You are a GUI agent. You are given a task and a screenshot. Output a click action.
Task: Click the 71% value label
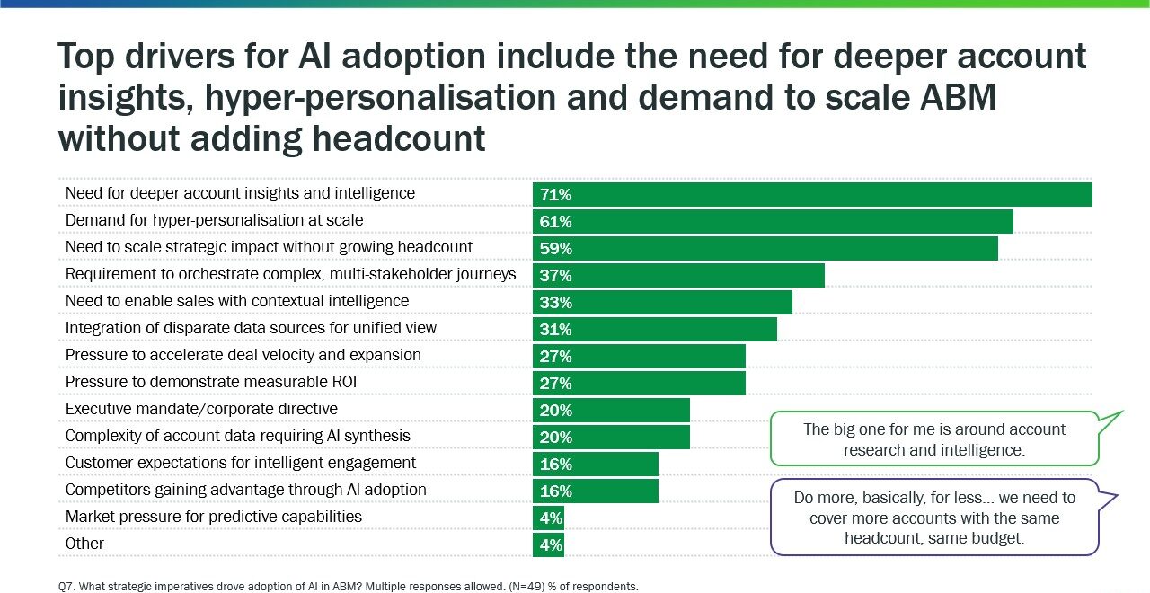(555, 195)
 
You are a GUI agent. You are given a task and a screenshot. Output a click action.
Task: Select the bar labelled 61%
(773, 221)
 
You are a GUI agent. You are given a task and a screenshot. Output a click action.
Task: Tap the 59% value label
(555, 249)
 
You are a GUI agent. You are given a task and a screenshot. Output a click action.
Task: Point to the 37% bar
(678, 275)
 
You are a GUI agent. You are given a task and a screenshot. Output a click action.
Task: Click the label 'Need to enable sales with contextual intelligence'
(237, 301)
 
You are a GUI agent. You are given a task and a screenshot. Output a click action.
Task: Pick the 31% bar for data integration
(654, 329)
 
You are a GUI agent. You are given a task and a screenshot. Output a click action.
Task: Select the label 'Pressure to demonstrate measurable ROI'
(211, 382)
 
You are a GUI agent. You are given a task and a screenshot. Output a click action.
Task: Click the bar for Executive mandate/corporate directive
(611, 410)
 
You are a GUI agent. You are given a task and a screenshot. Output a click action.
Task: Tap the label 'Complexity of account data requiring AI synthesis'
(238, 436)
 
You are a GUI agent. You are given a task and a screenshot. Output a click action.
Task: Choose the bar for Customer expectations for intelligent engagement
(596, 464)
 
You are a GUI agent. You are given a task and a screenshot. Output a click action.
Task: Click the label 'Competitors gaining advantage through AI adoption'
(246, 490)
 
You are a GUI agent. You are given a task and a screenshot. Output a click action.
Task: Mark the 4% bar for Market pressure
(549, 518)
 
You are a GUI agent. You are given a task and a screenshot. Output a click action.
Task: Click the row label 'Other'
(84, 544)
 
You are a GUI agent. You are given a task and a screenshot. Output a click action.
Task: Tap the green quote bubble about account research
(934, 439)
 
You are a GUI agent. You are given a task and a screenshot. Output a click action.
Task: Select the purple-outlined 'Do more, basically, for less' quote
(934, 518)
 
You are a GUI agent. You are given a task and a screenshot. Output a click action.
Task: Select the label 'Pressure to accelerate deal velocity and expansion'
(243, 355)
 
